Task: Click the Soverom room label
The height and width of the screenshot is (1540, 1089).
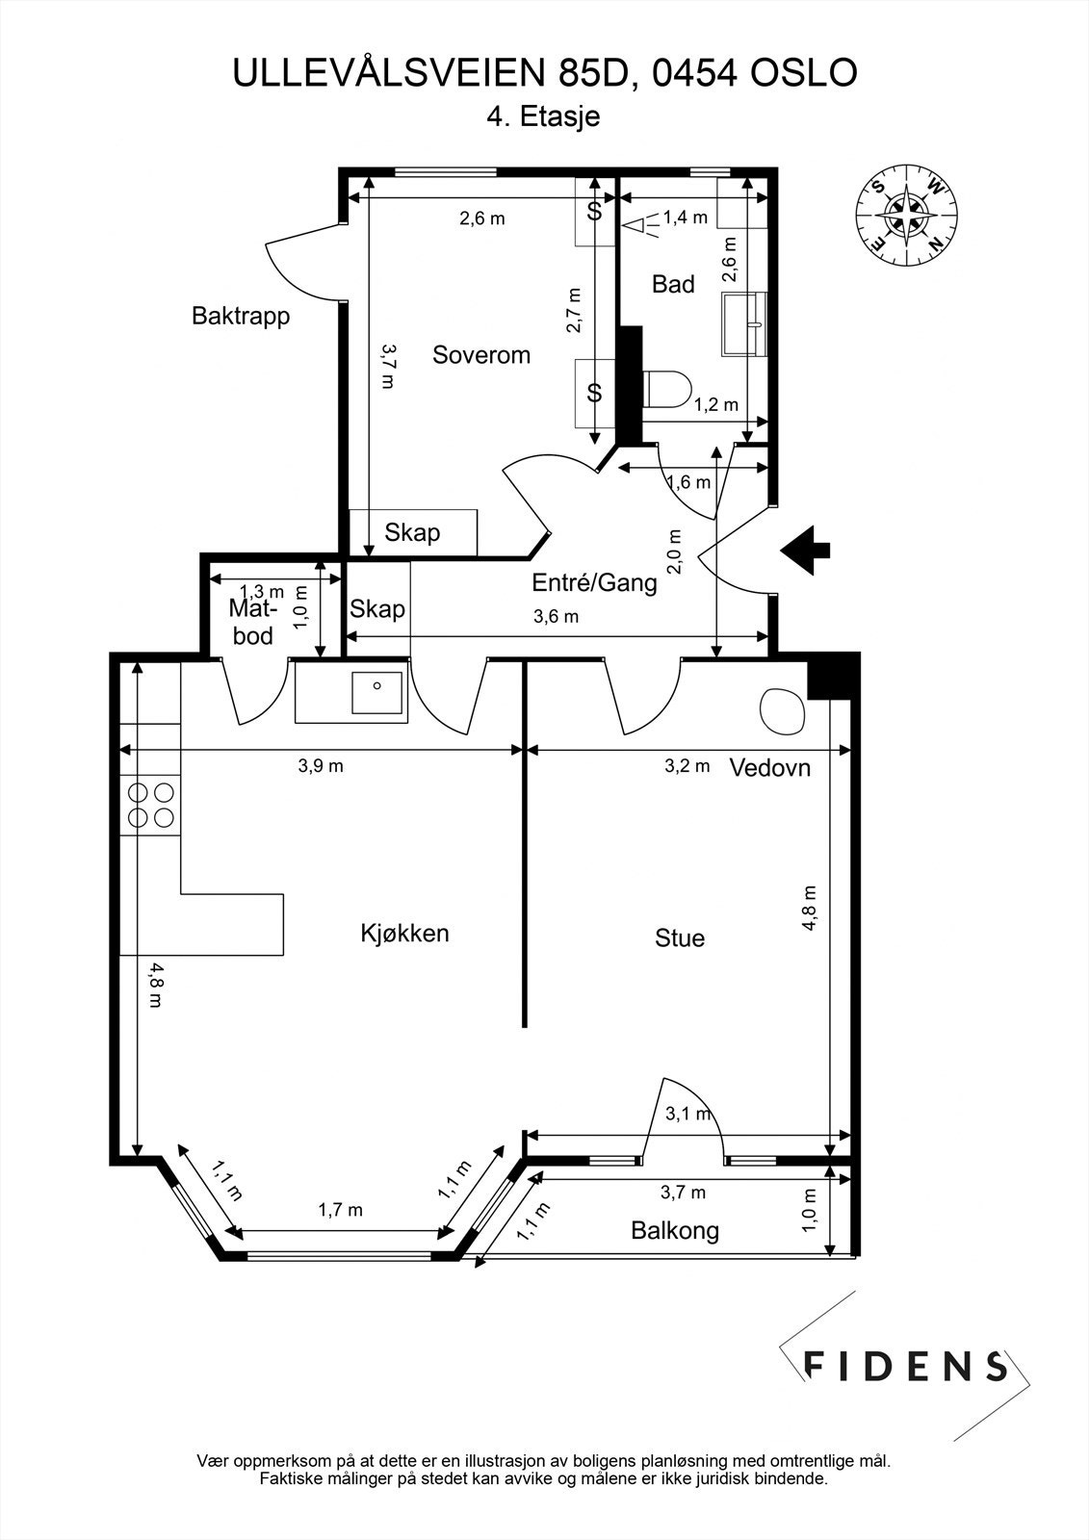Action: (480, 355)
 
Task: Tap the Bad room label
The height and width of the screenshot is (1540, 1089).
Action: (673, 284)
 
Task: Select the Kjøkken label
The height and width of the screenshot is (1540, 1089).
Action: (404, 933)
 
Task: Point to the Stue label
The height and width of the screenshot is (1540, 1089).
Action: (680, 937)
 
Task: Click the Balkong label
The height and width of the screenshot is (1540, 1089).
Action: (675, 1231)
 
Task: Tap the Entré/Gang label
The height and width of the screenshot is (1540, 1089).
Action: (594, 583)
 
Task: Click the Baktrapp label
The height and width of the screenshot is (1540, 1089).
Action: (241, 317)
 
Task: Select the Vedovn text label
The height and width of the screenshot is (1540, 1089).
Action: (769, 767)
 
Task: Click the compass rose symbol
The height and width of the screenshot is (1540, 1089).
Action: (907, 214)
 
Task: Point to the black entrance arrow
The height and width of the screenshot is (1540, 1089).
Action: (806, 550)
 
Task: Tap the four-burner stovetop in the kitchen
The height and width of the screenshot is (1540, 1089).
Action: (150, 805)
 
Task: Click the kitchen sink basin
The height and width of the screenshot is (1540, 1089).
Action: (376, 692)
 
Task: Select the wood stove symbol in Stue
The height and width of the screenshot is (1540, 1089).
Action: (782, 711)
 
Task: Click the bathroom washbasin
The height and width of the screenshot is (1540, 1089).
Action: (744, 323)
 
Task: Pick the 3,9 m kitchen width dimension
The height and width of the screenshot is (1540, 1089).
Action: (321, 765)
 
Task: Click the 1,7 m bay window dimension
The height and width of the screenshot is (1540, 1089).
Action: (340, 1209)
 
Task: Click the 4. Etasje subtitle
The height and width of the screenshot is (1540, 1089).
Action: (543, 116)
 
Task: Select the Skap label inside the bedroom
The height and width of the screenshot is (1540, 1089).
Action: (412, 532)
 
